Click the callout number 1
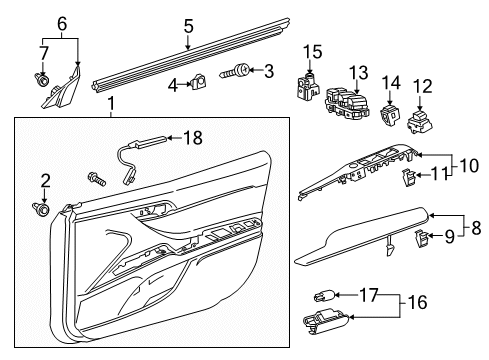pos(111,104)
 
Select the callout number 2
pos(44,180)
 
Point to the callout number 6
pos(62,22)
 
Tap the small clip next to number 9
pos(423,238)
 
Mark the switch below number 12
pos(420,121)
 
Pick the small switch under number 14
pos(388,116)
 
